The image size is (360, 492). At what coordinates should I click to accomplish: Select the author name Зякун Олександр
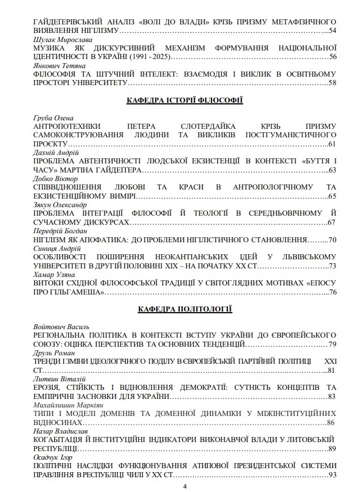click(60, 205)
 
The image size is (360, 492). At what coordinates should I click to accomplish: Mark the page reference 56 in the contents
click(333, 57)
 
